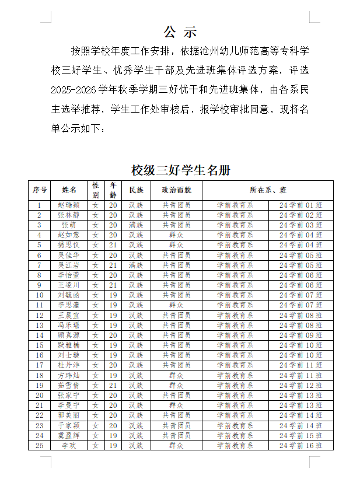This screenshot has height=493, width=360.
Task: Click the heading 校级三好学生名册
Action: [180, 170]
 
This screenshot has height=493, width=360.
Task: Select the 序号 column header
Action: [40, 190]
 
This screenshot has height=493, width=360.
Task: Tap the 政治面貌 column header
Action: [176, 190]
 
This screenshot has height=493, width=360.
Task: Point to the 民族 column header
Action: [136, 190]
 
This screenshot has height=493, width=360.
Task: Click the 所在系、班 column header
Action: [268, 190]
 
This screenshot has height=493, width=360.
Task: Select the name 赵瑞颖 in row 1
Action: [69, 205]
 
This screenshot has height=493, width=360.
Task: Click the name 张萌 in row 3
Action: [69, 225]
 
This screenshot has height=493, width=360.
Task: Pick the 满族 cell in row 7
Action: [136, 265]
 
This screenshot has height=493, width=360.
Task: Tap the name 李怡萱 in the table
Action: [69, 275]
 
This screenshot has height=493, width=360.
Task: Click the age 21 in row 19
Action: [113, 386]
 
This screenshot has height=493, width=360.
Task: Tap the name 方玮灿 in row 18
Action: [69, 375]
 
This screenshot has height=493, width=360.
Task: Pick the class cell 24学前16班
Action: [300, 445]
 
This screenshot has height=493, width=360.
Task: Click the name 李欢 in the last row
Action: [69, 445]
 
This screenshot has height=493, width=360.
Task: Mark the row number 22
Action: [40, 415]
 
